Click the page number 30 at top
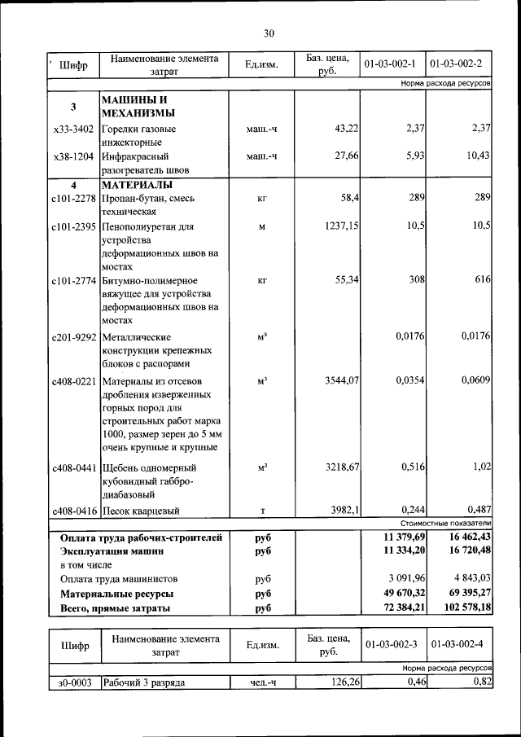pos(269,33)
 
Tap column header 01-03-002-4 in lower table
pos(458,644)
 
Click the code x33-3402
pos(73,129)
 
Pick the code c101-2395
pos(73,226)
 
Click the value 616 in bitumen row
pos(482,280)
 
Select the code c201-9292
pos(73,336)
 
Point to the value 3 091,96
pos(398,579)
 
